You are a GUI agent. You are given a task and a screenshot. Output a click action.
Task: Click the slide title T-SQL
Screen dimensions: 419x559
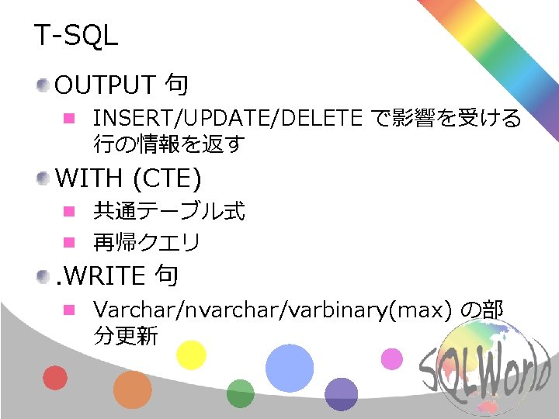(x=75, y=36)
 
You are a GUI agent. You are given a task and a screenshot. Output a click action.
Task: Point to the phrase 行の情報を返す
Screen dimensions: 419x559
(x=169, y=144)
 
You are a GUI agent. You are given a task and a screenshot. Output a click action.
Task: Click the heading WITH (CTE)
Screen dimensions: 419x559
(x=128, y=178)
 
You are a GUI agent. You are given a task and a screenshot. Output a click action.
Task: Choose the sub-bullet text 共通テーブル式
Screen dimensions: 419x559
(x=168, y=211)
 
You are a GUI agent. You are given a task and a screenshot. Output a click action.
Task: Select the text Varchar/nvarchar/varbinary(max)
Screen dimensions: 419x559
(x=272, y=310)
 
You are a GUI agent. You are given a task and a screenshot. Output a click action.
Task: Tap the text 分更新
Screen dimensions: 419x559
(x=125, y=336)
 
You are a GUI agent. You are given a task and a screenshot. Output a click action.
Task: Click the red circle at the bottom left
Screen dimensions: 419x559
(x=54, y=377)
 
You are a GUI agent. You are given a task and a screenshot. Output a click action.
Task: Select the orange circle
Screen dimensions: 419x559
(x=132, y=390)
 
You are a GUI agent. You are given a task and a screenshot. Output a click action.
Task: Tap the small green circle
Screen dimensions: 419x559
(x=240, y=393)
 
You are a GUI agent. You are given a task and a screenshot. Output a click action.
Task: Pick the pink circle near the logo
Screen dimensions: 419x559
(x=392, y=358)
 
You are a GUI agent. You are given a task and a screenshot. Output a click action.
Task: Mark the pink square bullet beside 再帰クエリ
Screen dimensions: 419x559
(x=68, y=243)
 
